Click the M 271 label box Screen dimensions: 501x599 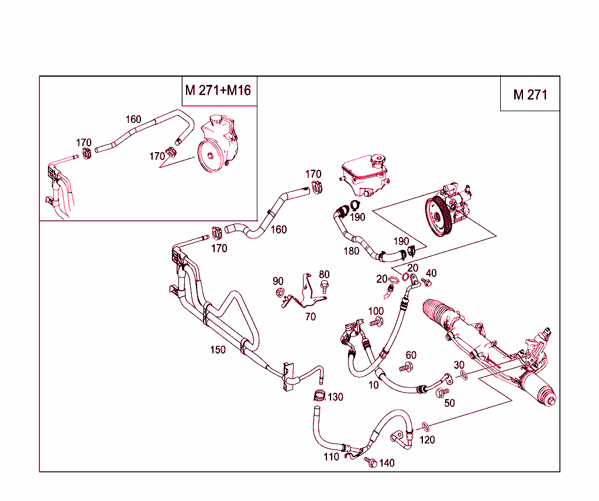pos(530,94)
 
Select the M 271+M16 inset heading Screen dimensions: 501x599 pos(218,91)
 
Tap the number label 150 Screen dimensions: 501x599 pos(218,350)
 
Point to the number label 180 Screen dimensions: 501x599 pos(351,251)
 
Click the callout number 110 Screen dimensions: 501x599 pos(331,457)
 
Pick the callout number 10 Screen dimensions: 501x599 pos(374,385)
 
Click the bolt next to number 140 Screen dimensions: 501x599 pos(370,462)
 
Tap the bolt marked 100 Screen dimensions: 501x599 pos(376,321)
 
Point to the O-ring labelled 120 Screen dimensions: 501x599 pos(425,425)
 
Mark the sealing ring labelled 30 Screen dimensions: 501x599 pos(462,375)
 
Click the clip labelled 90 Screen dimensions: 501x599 pos(279,293)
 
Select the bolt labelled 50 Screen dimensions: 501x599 pos(443,392)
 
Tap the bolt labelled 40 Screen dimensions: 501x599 pos(426,283)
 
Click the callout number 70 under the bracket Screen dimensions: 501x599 pos(310,317)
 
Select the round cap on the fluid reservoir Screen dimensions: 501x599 pos(378,159)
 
